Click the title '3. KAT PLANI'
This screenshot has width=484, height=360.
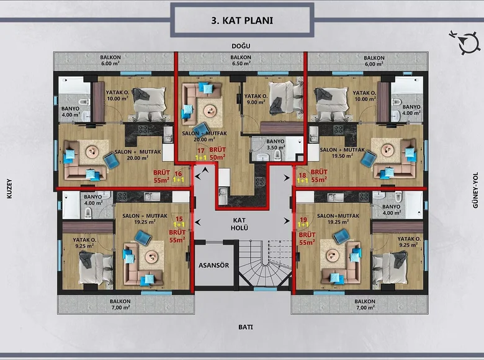[x=241, y=19]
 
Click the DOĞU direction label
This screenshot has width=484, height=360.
[x=241, y=47]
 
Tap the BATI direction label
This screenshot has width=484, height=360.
[x=241, y=326]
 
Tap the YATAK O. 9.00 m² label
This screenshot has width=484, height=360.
[x=255, y=99]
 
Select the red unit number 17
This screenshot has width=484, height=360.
[x=200, y=150]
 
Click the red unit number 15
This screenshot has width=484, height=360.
[x=180, y=219]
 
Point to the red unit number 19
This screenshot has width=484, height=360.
[x=303, y=219]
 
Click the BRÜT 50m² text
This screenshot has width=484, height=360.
[x=217, y=154]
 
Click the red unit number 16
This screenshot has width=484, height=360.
[x=178, y=174]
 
